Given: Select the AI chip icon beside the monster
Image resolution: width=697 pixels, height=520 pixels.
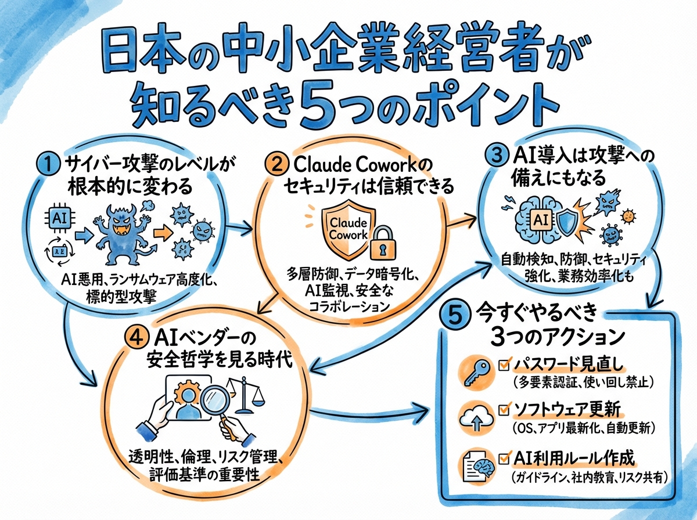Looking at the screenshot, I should (60, 219).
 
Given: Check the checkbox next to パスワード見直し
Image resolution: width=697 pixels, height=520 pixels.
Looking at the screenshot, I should (504, 364).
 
